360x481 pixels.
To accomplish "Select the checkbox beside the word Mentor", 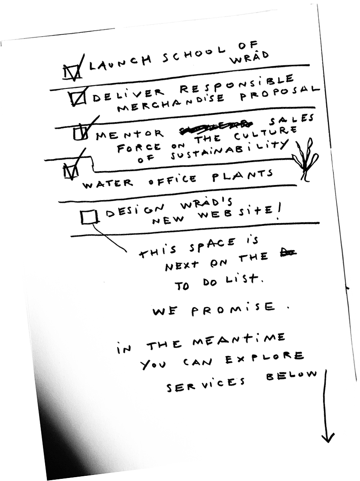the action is [80, 132].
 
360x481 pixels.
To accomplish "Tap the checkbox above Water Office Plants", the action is [70, 171].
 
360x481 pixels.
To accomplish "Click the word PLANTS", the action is [242, 176].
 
